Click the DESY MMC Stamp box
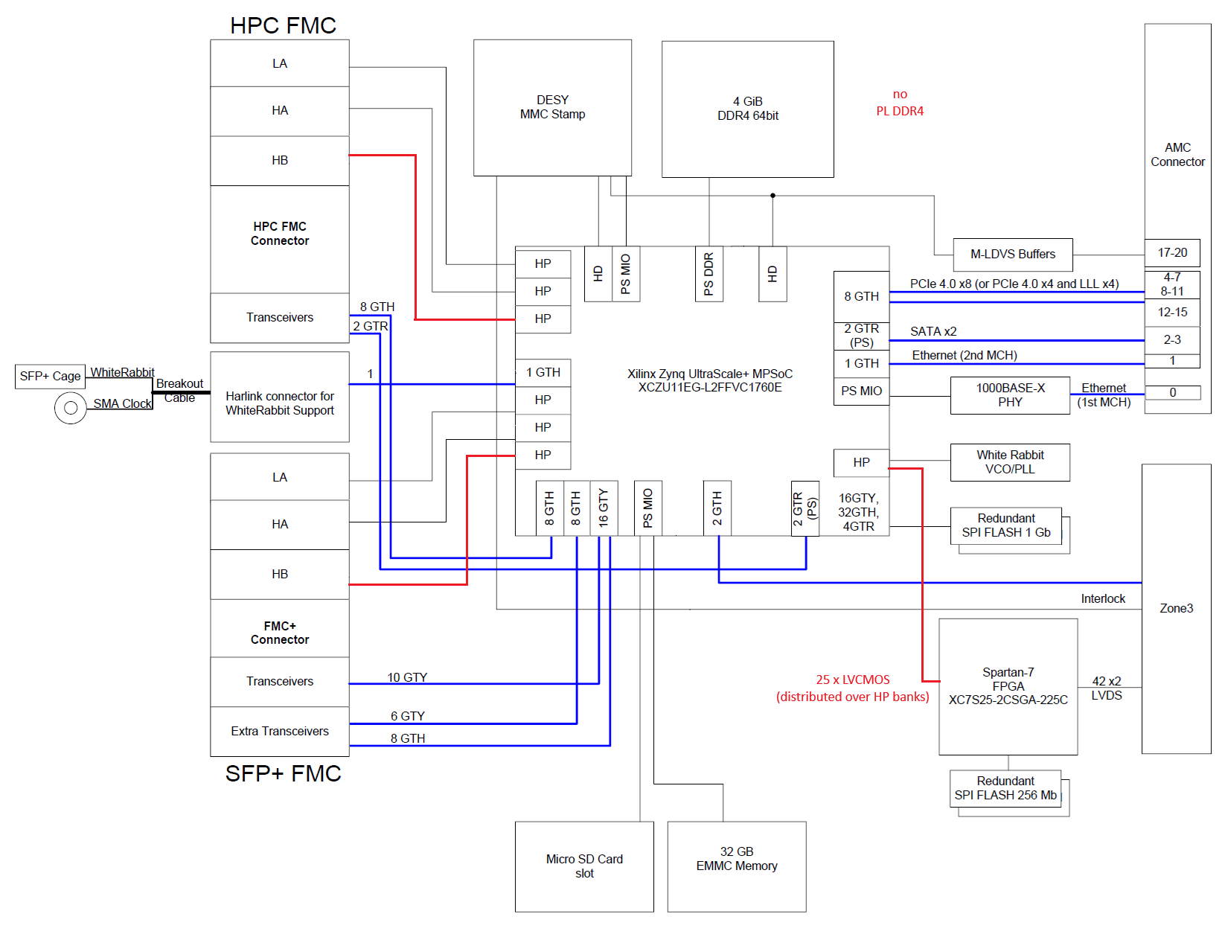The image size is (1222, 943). [x=552, y=107]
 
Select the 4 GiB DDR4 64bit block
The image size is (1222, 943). [x=747, y=109]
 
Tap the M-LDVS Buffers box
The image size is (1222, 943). [x=1012, y=255]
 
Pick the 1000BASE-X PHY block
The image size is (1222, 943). [x=1010, y=395]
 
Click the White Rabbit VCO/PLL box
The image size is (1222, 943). [x=1010, y=462]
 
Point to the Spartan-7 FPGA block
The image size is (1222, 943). [x=1008, y=686]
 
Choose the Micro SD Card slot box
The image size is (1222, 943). [x=584, y=866]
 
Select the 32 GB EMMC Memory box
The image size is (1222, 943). [x=736, y=866]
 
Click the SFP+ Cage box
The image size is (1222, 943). [x=50, y=377]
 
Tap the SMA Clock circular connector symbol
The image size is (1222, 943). [x=71, y=408]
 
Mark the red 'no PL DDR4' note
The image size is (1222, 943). [x=900, y=103]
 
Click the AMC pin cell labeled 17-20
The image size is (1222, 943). [x=1172, y=253]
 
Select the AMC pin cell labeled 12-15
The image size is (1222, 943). [x=1172, y=313]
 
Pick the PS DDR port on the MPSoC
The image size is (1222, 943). [x=708, y=274]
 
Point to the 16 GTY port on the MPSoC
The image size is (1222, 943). [x=604, y=508]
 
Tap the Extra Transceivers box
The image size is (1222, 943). [x=280, y=732]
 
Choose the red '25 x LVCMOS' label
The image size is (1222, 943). [x=852, y=680]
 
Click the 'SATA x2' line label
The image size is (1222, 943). [x=933, y=332]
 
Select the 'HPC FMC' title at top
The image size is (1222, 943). [x=283, y=25]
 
